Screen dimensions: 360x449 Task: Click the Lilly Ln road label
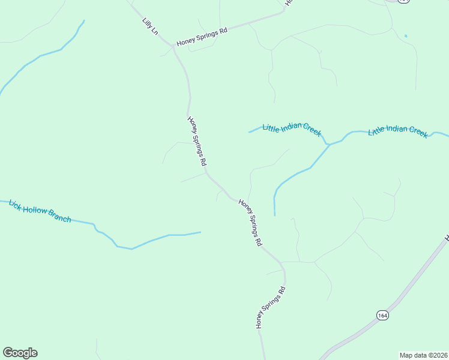[150, 26]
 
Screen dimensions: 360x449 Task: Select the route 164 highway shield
[382, 316]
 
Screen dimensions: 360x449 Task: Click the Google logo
[20, 353]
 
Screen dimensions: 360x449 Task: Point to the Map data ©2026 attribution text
[423, 355]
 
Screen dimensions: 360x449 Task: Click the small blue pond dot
[406, 36]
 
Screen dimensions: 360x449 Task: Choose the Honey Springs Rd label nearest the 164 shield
[271, 307]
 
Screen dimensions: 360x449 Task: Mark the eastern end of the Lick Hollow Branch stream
[200, 232]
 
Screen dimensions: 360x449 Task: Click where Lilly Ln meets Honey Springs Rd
[174, 47]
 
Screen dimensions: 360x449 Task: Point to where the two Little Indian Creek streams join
[328, 145]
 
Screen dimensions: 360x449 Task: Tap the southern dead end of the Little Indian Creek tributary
[274, 215]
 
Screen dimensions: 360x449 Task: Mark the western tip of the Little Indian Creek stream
[250, 132]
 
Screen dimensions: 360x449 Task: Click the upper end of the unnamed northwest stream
[83, 21]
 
